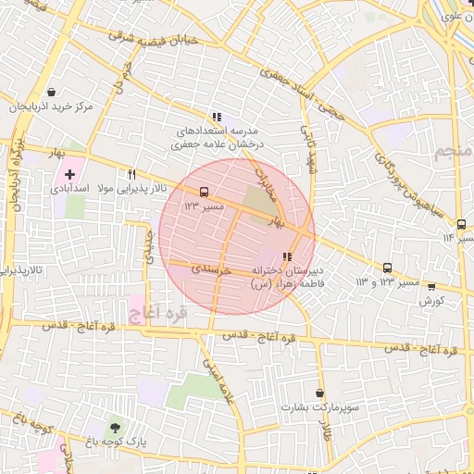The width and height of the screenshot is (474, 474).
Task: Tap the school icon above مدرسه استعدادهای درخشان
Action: point(216,117)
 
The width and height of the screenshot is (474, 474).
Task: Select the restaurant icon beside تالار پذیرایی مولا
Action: point(132,173)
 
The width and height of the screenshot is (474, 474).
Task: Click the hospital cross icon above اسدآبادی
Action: point(70,173)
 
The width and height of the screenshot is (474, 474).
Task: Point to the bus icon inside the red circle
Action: point(203,193)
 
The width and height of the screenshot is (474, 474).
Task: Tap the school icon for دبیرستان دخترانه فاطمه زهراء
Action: point(287,256)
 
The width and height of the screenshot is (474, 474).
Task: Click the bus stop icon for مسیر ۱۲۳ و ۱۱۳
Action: point(387,268)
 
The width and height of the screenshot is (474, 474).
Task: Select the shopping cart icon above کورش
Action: point(431,287)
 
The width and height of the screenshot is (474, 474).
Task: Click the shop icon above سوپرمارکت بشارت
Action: point(320,393)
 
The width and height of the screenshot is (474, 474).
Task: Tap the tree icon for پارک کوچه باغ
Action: point(115,428)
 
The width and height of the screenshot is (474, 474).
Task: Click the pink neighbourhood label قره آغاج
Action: point(158,312)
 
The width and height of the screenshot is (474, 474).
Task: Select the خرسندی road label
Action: point(196,267)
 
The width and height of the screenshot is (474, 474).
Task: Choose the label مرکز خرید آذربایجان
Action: point(53,107)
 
